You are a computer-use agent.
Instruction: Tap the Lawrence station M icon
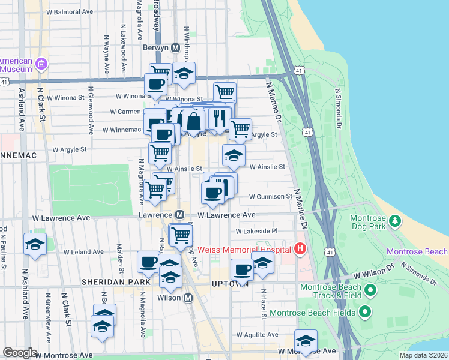click(x=179, y=214)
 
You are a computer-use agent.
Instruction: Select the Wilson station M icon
click(x=188, y=298)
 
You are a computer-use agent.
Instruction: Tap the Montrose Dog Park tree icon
click(x=395, y=221)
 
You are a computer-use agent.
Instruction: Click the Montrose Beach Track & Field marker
click(x=370, y=292)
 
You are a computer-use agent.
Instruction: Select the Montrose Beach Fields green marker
click(x=364, y=312)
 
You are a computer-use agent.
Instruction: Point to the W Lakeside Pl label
click(x=256, y=231)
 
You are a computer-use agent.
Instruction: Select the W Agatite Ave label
click(x=257, y=334)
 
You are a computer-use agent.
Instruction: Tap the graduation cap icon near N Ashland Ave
click(x=35, y=244)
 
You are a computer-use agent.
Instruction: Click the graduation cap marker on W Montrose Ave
click(x=306, y=341)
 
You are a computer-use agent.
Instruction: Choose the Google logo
click(x=20, y=353)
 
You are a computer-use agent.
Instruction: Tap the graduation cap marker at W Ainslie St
click(x=234, y=155)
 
